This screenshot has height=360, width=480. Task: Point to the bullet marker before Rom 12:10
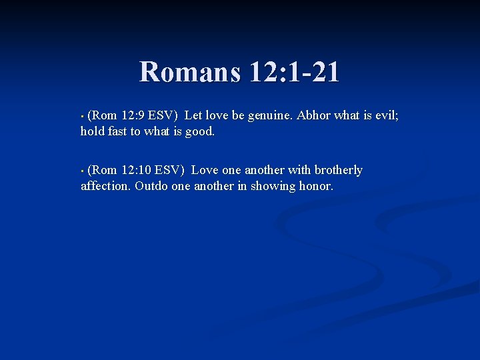[82, 171]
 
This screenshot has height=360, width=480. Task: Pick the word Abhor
[313, 115]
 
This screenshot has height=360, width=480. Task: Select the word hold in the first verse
[92, 131]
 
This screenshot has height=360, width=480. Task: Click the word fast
[117, 131]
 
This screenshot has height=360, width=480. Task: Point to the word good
[199, 131]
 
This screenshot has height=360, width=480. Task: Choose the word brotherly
[339, 170]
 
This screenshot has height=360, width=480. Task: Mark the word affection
[105, 186]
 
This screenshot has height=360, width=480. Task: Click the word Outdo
[151, 186]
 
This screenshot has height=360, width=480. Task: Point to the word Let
[193, 115]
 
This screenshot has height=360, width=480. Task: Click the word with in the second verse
[299, 170]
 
